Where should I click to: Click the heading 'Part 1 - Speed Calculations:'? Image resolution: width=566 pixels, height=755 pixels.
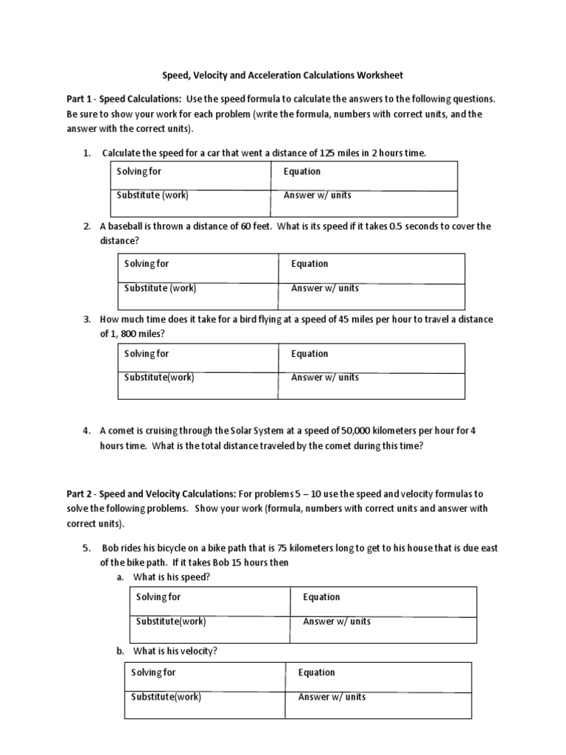tap(124, 99)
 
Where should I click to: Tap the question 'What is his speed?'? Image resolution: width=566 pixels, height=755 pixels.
tap(175, 577)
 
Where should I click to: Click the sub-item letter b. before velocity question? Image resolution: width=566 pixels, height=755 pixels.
tap(120, 651)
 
